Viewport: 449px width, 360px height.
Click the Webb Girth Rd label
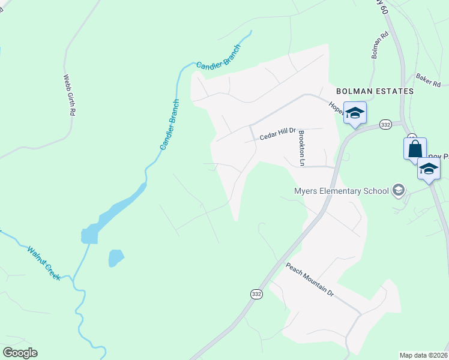70,95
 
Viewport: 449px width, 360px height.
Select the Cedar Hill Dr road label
279,134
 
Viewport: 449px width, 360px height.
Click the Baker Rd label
428,80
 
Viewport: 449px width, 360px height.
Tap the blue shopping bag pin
415,148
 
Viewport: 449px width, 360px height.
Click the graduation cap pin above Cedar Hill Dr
355,113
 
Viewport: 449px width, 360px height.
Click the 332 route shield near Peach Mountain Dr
257,294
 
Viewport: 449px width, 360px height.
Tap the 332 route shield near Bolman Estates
385,125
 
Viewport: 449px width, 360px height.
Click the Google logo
20,353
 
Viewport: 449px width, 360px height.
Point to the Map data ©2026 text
424,355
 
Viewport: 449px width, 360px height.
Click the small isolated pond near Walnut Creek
115,258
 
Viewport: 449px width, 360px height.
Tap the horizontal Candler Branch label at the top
218,57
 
